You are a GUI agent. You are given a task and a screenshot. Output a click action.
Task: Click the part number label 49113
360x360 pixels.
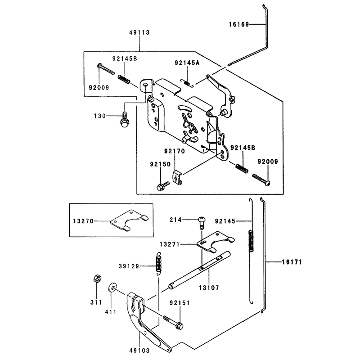[x=139, y=32]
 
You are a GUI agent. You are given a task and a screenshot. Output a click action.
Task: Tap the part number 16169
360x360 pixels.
[x=239, y=24]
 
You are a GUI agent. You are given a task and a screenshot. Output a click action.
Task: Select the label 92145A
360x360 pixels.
[x=187, y=63]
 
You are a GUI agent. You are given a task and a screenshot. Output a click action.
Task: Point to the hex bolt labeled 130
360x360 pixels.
[x=124, y=120]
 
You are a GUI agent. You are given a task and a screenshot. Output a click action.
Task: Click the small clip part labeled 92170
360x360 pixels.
[x=177, y=177]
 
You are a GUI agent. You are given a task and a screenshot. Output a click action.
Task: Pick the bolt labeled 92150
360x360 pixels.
[x=163, y=186]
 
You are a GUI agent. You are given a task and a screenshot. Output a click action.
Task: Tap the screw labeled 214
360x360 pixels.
[x=202, y=223]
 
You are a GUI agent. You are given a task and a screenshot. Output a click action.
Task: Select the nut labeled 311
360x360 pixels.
[x=97, y=278]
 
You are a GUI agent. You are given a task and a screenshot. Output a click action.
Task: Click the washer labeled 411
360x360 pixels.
[x=112, y=287]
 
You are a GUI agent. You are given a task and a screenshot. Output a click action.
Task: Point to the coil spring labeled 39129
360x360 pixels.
[x=158, y=264]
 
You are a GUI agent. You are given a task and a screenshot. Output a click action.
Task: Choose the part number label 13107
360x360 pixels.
[x=209, y=288]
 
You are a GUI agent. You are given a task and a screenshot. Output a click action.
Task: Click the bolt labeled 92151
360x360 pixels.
[x=173, y=322]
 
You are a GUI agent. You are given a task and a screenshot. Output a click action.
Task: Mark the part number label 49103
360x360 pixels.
[x=139, y=351]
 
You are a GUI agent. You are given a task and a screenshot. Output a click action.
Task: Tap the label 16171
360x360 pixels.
[x=292, y=262]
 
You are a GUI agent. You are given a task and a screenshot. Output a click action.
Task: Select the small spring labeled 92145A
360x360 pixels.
[x=187, y=83]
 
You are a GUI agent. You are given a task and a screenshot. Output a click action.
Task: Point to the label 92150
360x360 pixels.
[x=161, y=164]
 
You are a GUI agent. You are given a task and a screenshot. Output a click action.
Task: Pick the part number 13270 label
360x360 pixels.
[x=83, y=221]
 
